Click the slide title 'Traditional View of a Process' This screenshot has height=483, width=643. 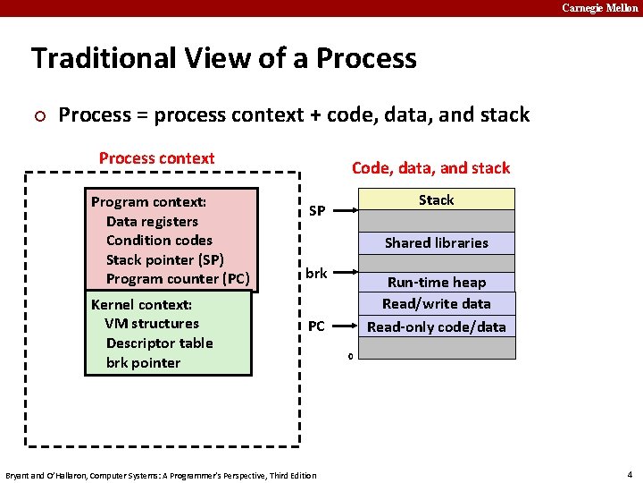click(x=224, y=59)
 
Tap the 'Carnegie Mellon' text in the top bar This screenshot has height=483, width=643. click(x=599, y=8)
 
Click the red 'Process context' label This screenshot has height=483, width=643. click(x=156, y=158)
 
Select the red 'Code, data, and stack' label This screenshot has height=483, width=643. click(x=430, y=168)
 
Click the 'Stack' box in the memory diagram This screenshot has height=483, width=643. click(x=437, y=199)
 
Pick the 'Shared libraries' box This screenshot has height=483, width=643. click(x=437, y=242)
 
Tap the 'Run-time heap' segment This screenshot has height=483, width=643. click(x=437, y=283)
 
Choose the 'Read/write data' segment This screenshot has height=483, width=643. click(x=437, y=304)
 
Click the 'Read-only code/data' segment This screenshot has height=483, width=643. click(x=437, y=326)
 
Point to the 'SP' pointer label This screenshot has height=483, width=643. click(x=316, y=211)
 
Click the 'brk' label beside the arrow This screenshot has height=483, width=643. click(x=316, y=274)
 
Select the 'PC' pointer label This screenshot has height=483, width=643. click(x=316, y=326)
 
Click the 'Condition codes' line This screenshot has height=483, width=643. click(x=159, y=240)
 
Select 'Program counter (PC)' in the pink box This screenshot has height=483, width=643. click(x=178, y=278)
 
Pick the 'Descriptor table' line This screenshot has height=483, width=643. click(x=159, y=343)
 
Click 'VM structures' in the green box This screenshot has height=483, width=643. click(x=152, y=323)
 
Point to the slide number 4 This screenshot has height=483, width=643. click(x=630, y=474)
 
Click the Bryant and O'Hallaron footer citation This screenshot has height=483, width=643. click(x=161, y=475)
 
